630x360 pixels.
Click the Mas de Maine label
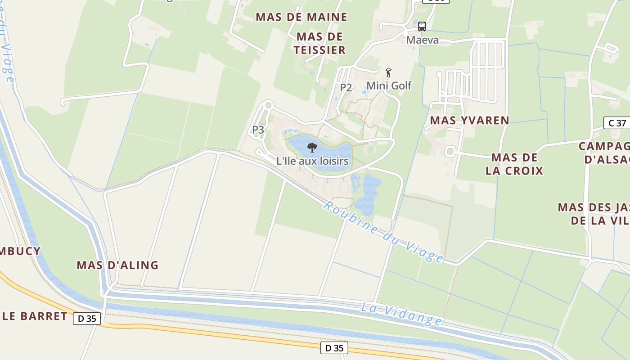click(x=301, y=17)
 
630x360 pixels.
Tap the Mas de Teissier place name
click(x=320, y=43)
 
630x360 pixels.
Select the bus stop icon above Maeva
click(x=422, y=27)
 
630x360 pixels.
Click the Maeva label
click(x=422, y=40)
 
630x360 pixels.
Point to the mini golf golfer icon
click(x=389, y=72)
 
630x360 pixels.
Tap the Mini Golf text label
click(x=389, y=85)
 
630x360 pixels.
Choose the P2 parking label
click(x=346, y=87)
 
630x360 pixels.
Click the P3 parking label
click(x=258, y=130)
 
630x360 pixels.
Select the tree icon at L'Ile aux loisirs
click(x=312, y=147)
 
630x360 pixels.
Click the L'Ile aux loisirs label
click(x=312, y=161)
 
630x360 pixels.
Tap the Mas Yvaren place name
click(x=469, y=120)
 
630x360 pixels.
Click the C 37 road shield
click(x=617, y=123)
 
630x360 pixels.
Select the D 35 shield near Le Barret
click(x=87, y=318)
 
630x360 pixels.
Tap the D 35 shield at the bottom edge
click(x=334, y=348)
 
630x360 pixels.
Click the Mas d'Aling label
click(x=117, y=265)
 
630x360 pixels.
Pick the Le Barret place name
click(x=35, y=316)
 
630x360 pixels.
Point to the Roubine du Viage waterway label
click(x=383, y=232)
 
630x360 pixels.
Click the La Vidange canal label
click(x=401, y=314)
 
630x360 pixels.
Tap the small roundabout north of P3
click(x=269, y=105)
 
